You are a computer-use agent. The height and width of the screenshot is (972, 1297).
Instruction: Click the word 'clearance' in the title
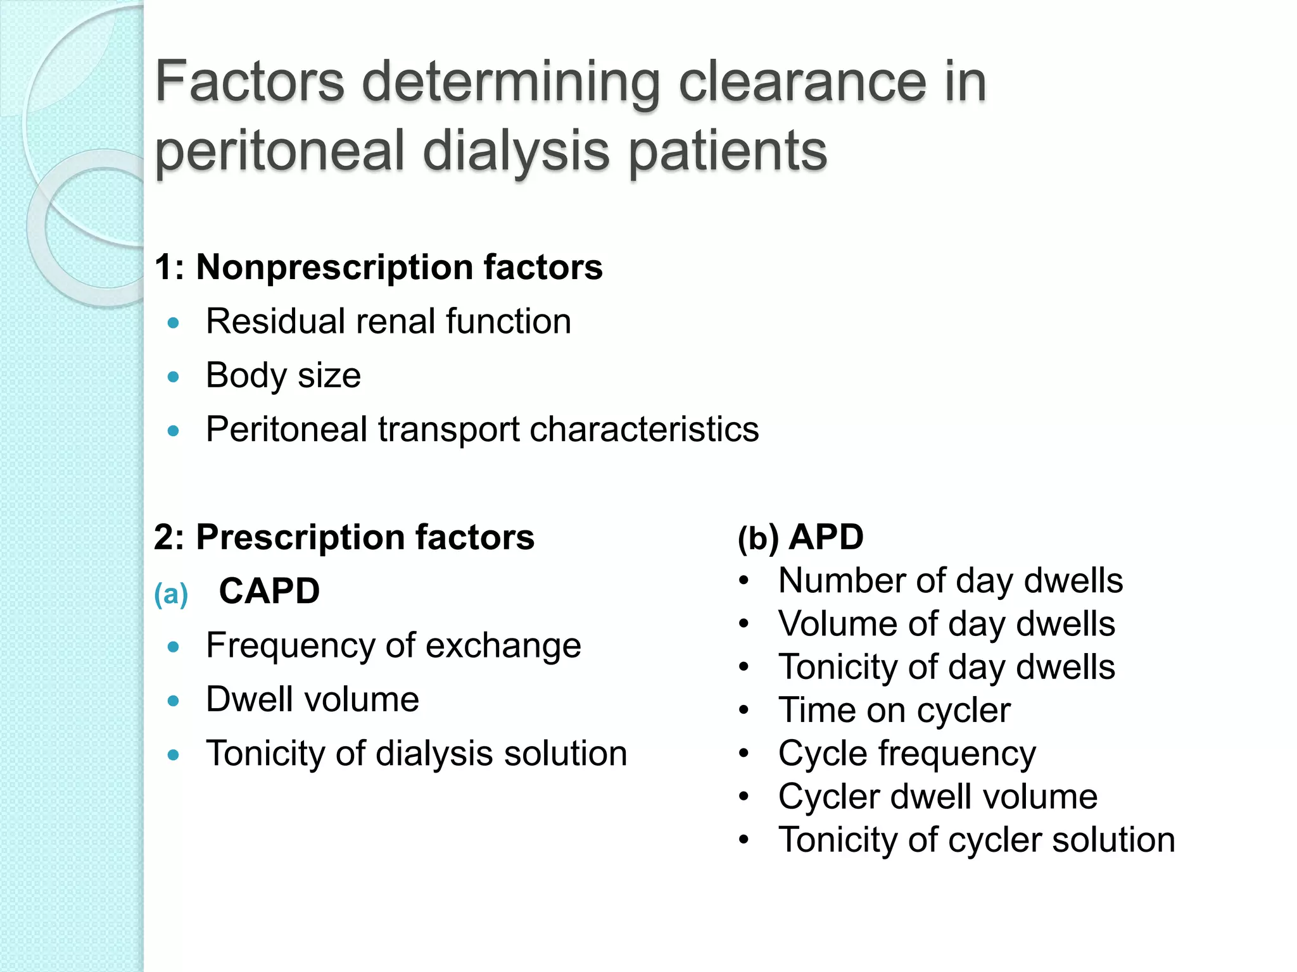pyautogui.click(x=800, y=82)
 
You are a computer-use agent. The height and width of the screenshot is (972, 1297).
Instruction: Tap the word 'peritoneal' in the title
pyautogui.click(x=279, y=152)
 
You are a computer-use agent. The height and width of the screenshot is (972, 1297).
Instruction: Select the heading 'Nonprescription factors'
pyautogui.click(x=399, y=267)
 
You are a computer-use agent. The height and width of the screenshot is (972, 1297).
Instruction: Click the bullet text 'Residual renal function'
pyautogui.click(x=388, y=321)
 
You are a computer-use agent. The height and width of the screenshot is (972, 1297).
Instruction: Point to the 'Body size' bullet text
pyautogui.click(x=283, y=376)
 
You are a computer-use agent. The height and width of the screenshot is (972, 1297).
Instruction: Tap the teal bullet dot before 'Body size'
pyautogui.click(x=174, y=378)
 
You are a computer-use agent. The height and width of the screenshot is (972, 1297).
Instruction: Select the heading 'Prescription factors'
pyautogui.click(x=365, y=538)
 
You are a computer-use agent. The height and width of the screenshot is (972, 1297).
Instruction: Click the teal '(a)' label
pyautogui.click(x=171, y=594)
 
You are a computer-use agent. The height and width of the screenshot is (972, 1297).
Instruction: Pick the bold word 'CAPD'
pyautogui.click(x=269, y=592)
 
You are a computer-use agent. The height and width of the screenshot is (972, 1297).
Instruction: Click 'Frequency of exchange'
pyautogui.click(x=393, y=646)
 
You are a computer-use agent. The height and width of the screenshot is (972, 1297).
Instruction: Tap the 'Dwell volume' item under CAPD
pyautogui.click(x=312, y=700)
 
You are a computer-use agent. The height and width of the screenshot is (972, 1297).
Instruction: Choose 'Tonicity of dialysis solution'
pyautogui.click(x=416, y=754)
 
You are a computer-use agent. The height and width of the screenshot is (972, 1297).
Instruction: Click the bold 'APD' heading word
pyautogui.click(x=826, y=538)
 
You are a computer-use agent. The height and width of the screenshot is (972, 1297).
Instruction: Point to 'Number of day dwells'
pyautogui.click(x=950, y=581)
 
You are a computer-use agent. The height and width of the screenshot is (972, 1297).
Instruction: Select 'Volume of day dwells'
pyautogui.click(x=946, y=625)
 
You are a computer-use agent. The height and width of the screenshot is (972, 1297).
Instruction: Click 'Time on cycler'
pyautogui.click(x=894, y=711)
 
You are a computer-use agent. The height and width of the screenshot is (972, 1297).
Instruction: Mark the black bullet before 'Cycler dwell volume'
pyautogui.click(x=744, y=797)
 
